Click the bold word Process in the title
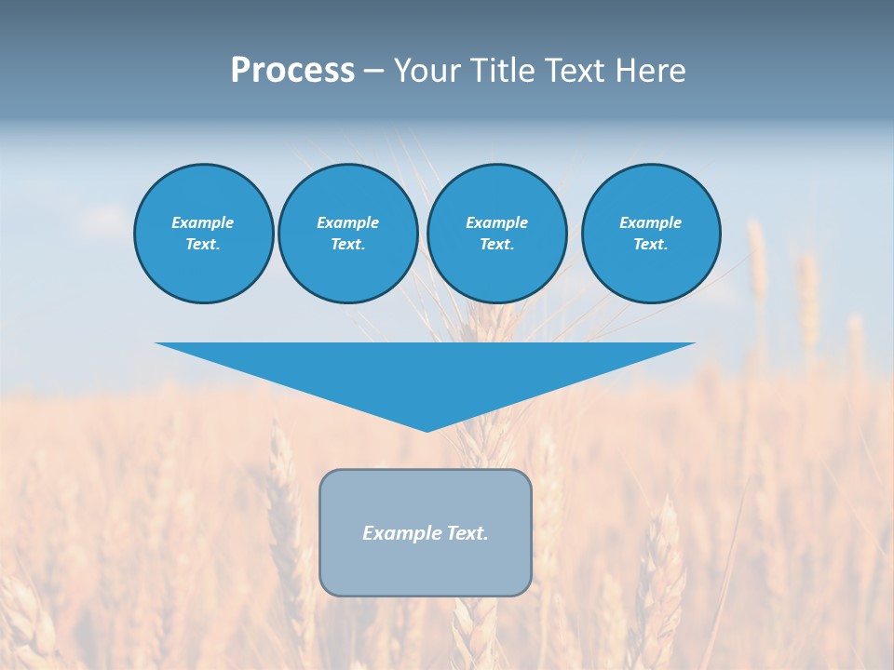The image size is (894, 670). (x=292, y=71)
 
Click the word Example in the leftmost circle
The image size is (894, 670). (x=202, y=222)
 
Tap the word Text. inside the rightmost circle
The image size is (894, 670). (x=650, y=245)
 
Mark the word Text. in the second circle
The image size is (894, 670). (x=347, y=245)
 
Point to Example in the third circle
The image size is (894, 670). (x=496, y=222)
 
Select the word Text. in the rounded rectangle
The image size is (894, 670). (x=467, y=533)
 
